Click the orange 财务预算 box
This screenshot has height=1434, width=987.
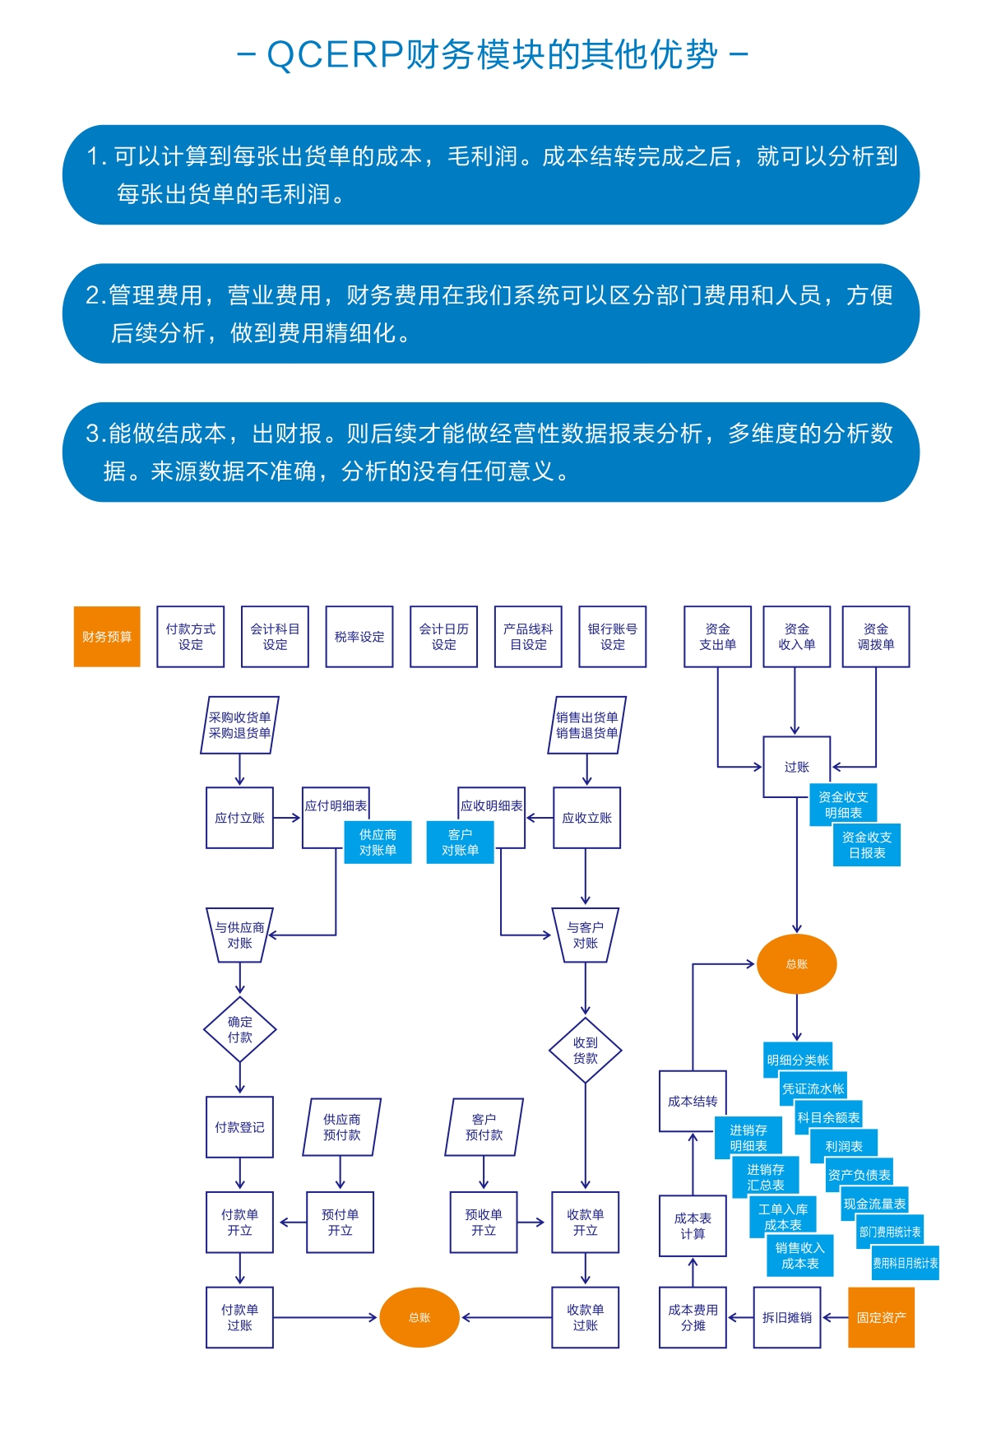point(107,636)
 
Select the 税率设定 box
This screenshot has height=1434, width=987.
point(359,636)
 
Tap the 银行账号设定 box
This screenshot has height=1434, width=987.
point(612,636)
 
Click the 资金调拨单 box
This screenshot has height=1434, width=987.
point(875,636)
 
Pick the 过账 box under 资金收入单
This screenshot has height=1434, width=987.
point(796,766)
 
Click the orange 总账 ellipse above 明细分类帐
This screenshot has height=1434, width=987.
point(796,963)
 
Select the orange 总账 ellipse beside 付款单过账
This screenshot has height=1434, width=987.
point(419,1317)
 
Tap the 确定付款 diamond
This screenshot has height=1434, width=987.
point(239,1029)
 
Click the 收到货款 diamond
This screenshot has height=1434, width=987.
point(585,1050)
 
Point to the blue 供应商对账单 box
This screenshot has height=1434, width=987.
point(378,842)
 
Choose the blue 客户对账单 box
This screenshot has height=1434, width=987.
point(460,842)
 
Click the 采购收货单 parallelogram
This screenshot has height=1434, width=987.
point(239,725)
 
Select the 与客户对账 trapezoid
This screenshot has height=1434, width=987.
point(585,935)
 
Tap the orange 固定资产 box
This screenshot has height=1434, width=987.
point(881,1317)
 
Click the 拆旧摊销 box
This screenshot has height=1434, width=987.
point(787,1317)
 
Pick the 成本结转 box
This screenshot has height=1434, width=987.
point(692,1101)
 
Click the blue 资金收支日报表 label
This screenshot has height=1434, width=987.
point(867,845)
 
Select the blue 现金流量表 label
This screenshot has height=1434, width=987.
point(874,1204)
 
